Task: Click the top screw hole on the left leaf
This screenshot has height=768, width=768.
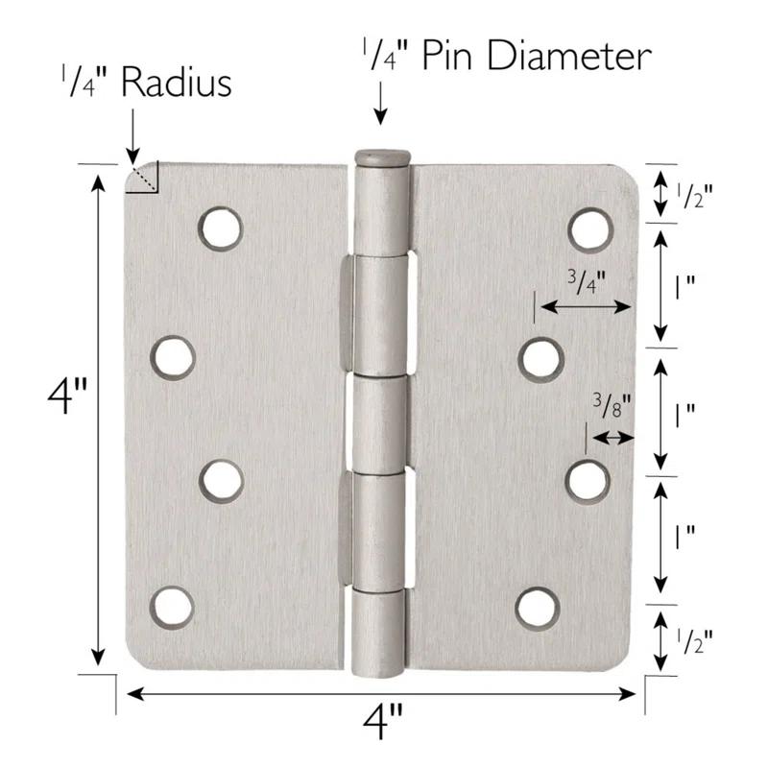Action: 221,228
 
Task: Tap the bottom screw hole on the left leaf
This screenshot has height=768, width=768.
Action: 172,608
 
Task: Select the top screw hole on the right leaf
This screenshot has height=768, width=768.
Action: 590,229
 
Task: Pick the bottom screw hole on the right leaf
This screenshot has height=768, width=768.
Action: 538,608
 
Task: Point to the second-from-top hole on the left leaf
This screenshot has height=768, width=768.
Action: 173,357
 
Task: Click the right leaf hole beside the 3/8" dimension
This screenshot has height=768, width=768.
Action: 588,481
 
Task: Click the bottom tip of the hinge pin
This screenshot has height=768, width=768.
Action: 382,672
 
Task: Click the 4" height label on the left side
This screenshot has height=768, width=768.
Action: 66,396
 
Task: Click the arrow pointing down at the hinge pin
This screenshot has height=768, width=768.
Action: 381,104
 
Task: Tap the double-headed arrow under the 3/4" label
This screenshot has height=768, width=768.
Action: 585,307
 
